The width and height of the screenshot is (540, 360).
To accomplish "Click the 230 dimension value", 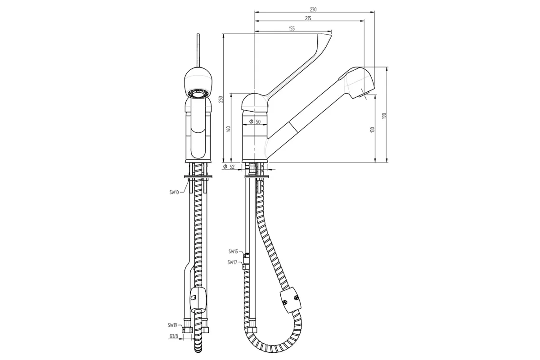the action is pyautogui.click(x=313, y=9).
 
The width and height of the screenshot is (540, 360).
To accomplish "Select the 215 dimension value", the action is pyautogui.click(x=308, y=18).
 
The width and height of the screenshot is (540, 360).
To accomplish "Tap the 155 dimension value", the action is pyautogui.click(x=292, y=29).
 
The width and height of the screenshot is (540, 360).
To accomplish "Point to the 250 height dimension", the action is pyautogui.click(x=221, y=99).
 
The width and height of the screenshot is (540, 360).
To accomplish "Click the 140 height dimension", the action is pyautogui.click(x=229, y=129).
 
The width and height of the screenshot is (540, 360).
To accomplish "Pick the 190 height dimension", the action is pyautogui.click(x=384, y=116).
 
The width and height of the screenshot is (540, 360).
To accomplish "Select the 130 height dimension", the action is pyautogui.click(x=373, y=130).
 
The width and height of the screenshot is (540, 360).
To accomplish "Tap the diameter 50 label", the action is pyautogui.click(x=255, y=121).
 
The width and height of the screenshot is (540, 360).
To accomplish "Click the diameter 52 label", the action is pyautogui.click(x=229, y=166).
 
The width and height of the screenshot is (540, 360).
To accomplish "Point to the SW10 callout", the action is pyautogui.click(x=174, y=193).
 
